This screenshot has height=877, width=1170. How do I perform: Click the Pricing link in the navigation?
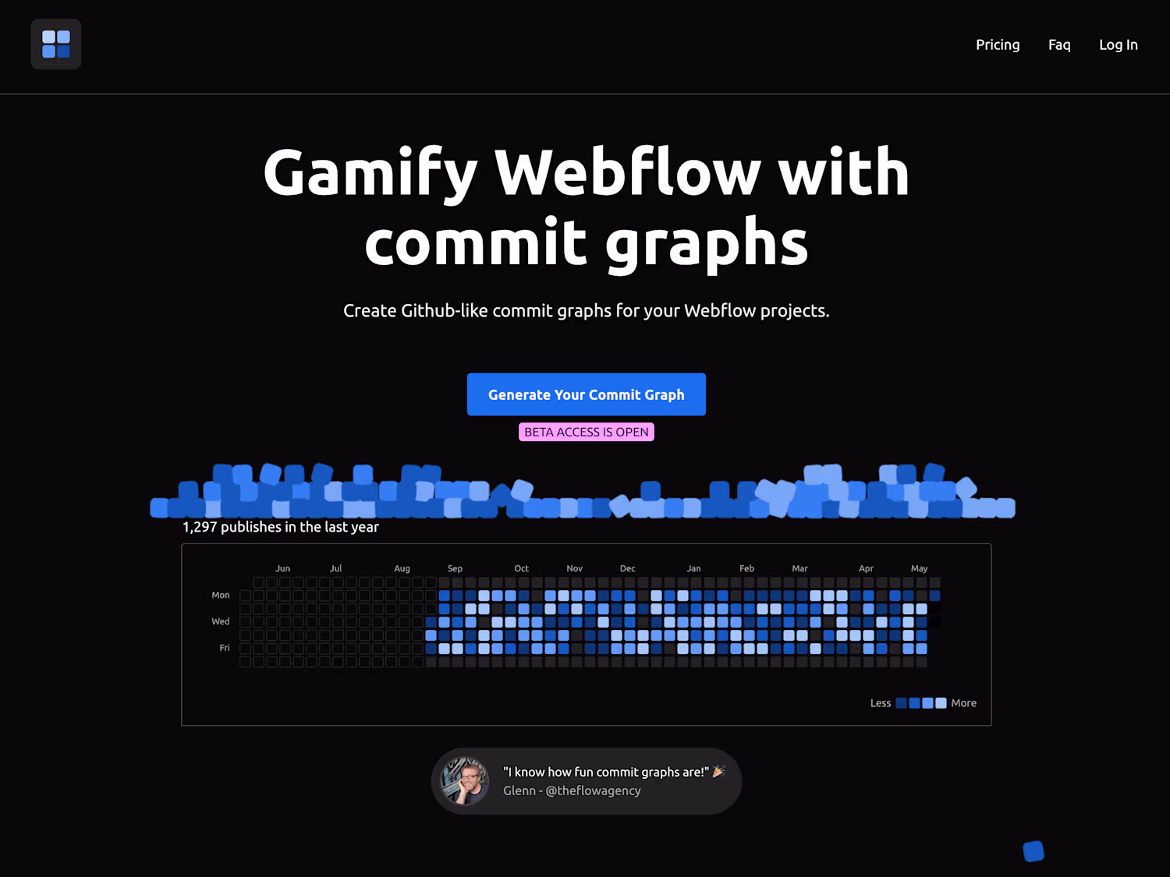998,45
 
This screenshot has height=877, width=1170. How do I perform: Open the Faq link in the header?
1059,45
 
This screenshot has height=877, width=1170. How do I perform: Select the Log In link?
1119,45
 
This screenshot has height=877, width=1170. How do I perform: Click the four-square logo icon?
56,44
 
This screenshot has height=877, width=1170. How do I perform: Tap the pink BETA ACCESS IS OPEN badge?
587,432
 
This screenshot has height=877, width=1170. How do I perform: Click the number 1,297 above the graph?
200,527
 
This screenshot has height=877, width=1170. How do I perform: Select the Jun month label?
282,569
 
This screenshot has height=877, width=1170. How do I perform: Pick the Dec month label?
627,569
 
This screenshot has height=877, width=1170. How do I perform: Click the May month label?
919,569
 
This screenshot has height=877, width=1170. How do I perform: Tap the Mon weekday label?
221,595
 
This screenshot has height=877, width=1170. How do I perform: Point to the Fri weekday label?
225,648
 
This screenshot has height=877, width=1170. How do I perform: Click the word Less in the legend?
880,703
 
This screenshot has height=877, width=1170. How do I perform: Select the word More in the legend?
964,703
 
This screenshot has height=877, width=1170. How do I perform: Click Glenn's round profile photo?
464,781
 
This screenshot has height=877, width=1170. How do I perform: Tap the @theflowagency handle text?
594,790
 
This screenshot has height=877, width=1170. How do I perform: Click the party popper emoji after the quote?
718,772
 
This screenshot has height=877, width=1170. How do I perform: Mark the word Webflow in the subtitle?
720,311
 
